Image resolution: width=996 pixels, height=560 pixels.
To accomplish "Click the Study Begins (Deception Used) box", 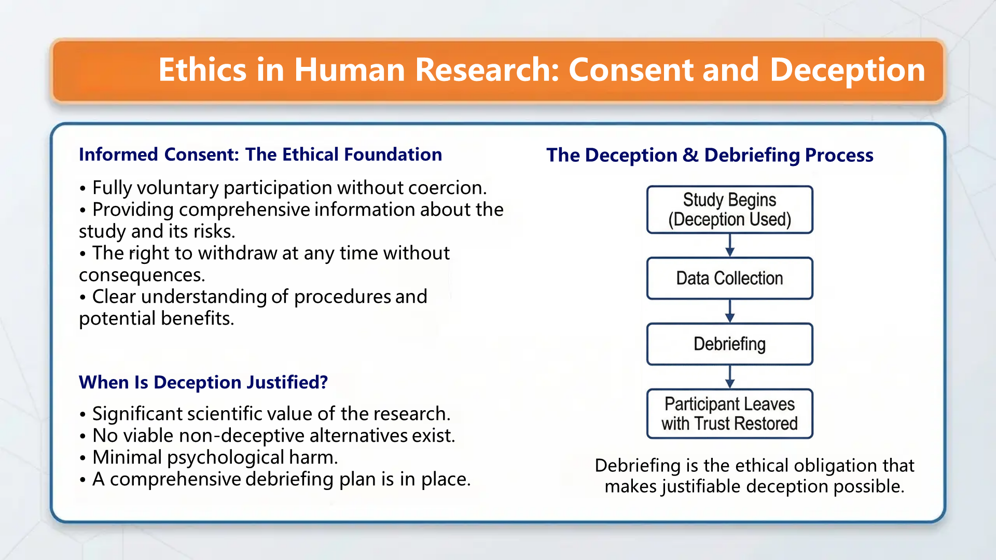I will [x=729, y=209].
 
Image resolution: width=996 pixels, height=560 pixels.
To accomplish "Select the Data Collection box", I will [x=729, y=278].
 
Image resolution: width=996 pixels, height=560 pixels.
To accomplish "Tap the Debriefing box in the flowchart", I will [x=729, y=344].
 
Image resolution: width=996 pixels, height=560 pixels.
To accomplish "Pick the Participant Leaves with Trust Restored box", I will [x=729, y=414].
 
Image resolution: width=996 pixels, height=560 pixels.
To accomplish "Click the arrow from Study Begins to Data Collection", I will [x=730, y=245].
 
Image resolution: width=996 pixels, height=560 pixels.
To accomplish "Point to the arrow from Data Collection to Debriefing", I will [x=730, y=311].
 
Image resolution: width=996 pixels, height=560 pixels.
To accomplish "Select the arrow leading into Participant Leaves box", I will [x=730, y=377].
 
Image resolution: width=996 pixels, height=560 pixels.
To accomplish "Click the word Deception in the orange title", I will [x=847, y=70].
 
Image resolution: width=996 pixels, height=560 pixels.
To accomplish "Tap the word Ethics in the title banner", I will [x=202, y=70].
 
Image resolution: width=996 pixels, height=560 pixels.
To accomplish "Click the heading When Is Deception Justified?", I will [x=203, y=382].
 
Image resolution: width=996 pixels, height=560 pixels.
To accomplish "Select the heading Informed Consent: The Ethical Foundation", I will [x=260, y=155].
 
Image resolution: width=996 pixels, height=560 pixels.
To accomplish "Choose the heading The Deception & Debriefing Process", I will [x=710, y=155].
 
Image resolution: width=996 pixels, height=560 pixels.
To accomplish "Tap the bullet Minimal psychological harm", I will [x=215, y=457].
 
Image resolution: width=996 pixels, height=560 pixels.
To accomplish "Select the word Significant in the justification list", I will [x=137, y=414].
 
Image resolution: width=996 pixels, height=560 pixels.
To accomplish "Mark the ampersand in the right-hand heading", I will [x=690, y=155].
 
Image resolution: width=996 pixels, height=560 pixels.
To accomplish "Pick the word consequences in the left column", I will [x=141, y=275].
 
